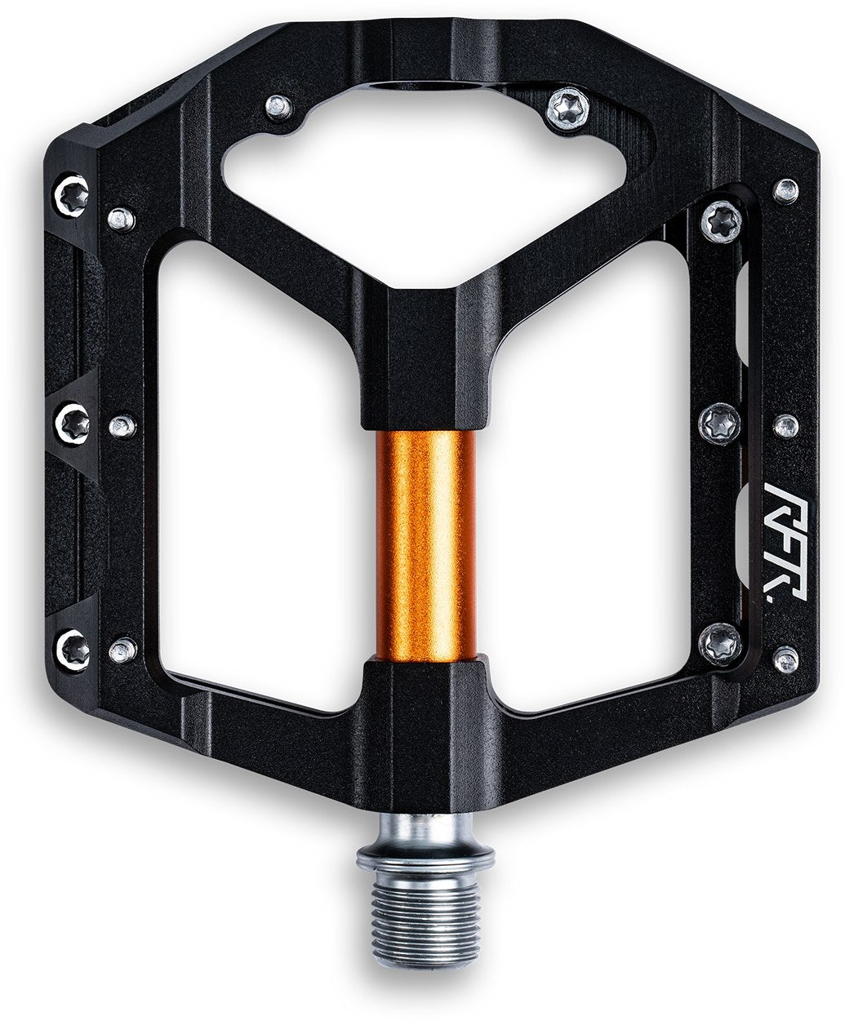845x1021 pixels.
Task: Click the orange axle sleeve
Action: point(425,544)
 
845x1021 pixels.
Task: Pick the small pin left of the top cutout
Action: point(279,106)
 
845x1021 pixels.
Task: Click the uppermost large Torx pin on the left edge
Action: point(70,193)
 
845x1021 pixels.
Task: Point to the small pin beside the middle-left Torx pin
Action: point(122,424)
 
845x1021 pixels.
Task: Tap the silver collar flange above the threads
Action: point(425,857)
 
